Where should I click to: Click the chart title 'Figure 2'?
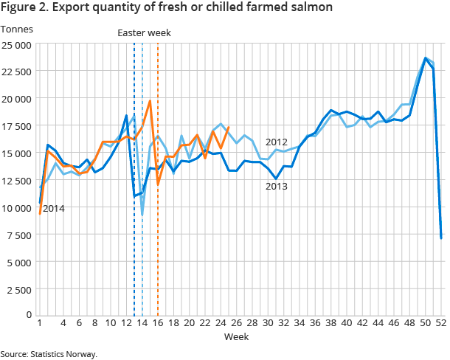(x=166, y=7)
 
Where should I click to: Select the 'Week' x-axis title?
(x=237, y=337)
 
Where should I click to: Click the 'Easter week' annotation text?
(x=144, y=32)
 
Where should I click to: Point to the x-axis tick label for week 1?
(x=39, y=324)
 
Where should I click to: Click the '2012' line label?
(x=277, y=142)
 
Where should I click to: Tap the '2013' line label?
(x=277, y=187)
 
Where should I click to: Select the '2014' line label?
(x=54, y=209)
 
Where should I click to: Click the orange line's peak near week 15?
(x=150, y=101)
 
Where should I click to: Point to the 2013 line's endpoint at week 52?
(x=441, y=238)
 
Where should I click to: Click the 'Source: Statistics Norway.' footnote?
(x=49, y=354)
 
